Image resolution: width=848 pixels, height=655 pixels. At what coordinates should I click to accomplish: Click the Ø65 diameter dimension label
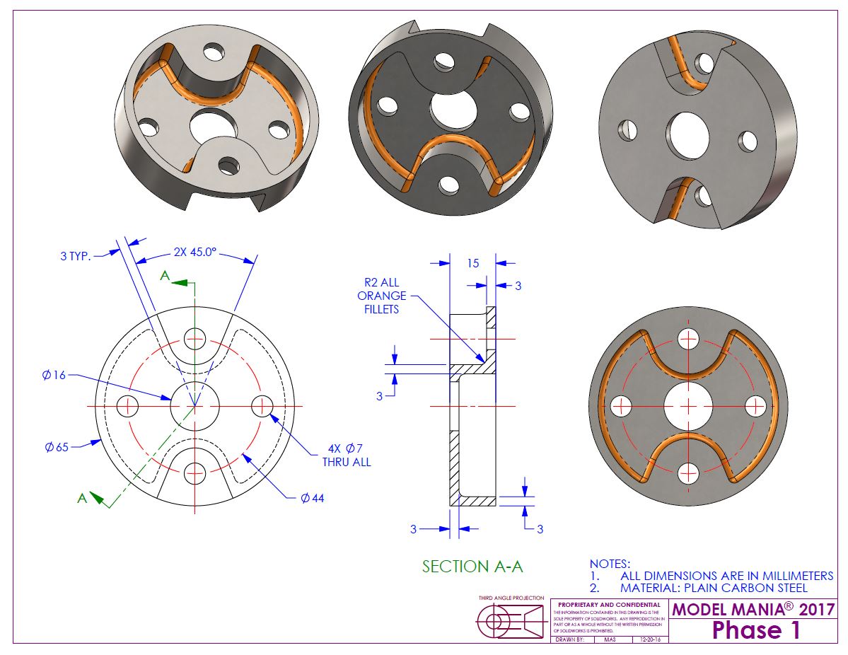54,447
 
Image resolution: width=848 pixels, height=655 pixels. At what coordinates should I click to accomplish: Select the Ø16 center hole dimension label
53,375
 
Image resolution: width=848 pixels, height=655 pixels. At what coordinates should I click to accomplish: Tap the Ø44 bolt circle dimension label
312,497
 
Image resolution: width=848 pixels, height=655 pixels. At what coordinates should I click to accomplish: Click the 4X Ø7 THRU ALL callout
346,455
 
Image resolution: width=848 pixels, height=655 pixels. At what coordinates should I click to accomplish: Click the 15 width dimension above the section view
473,263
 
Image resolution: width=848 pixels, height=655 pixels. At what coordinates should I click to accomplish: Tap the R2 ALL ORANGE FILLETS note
382,296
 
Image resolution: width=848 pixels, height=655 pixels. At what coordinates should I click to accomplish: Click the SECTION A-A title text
472,566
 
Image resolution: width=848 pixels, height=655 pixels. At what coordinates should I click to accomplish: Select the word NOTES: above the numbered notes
609,564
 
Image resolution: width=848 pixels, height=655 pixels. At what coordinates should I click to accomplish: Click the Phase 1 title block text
756,630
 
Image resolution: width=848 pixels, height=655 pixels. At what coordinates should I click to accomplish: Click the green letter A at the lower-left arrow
83,498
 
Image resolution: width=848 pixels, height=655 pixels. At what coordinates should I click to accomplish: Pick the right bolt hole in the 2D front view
262,406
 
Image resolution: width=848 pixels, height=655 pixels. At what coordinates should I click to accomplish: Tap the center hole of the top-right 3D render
685,134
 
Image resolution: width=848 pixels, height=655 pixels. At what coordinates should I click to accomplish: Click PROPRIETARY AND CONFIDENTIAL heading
609,605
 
